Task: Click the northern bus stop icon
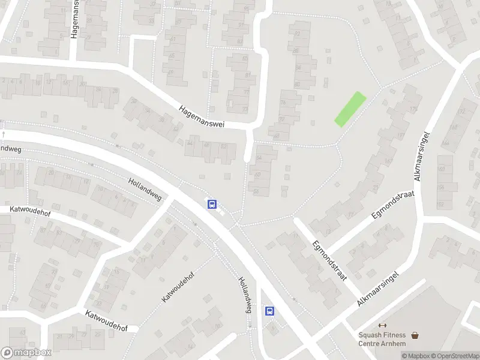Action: (212, 205)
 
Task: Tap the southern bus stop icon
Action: (270, 311)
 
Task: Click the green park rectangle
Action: (350, 109)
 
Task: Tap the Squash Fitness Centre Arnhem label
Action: (382, 339)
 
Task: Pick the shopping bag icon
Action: (415, 335)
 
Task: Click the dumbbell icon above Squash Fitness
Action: (382, 325)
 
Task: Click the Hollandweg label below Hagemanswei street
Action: (145, 188)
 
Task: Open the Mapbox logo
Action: (26, 352)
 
